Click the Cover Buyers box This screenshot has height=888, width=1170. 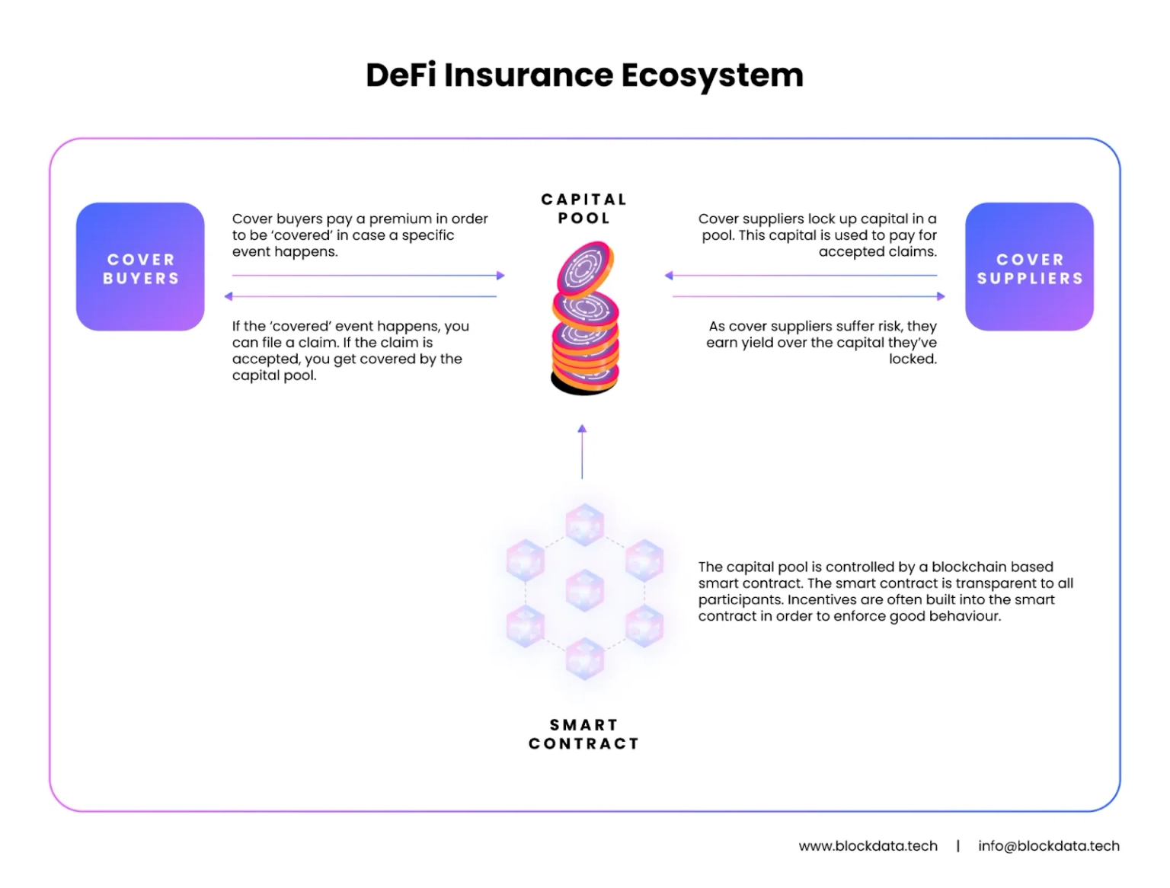pos(140,267)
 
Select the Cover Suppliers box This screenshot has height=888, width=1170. pos(1029,267)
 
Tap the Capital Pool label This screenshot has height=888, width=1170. pos(584,208)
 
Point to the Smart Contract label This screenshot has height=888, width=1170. pos(583,734)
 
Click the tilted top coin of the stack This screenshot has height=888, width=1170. pos(585,268)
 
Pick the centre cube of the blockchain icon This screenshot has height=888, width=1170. pos(585,590)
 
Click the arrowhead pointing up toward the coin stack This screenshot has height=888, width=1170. pos(582,428)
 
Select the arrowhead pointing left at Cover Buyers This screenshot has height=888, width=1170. pos(229,296)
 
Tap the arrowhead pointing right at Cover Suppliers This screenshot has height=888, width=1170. pos(941,296)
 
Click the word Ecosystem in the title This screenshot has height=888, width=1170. pos(712,75)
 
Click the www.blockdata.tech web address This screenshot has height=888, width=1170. pos(868,845)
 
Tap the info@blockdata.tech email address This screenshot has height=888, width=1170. pos(1048,845)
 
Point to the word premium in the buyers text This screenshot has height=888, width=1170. pos(401,219)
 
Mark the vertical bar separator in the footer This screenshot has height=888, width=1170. pos(957,845)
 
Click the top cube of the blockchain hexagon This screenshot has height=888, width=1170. pos(585,525)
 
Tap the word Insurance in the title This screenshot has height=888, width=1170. pos(528,75)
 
